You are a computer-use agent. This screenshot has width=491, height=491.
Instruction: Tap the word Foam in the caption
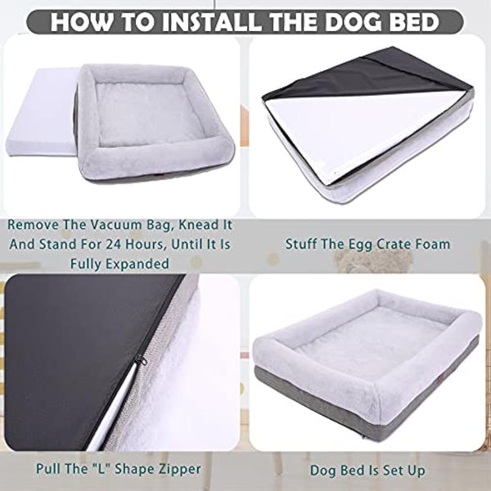coord(431,243)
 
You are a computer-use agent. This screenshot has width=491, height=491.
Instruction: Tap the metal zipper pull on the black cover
coord(141,361)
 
